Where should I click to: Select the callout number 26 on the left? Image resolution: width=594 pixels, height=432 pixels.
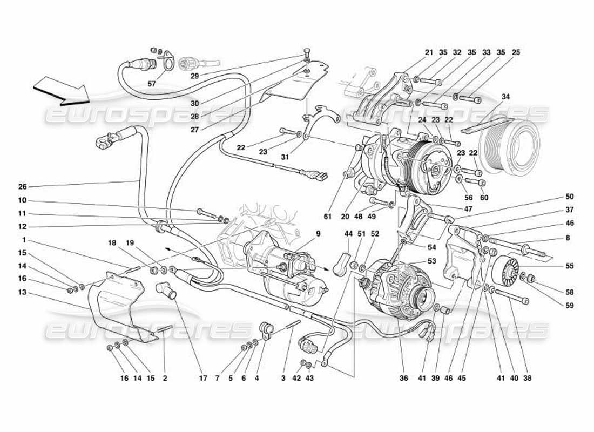tap(22, 187)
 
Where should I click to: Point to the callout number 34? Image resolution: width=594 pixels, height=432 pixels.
tap(505, 97)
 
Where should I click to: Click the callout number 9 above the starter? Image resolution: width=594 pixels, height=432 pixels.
tap(319, 234)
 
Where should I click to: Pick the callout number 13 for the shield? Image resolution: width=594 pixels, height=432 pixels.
tap(22, 292)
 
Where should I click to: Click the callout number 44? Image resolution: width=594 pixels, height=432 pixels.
tap(348, 234)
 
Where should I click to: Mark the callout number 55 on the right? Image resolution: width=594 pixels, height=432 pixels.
tap(569, 266)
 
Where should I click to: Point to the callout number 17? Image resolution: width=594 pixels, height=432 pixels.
tap(203, 379)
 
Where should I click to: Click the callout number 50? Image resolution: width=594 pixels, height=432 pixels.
tap(569, 197)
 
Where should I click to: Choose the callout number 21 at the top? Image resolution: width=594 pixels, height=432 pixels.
tap(429, 53)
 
